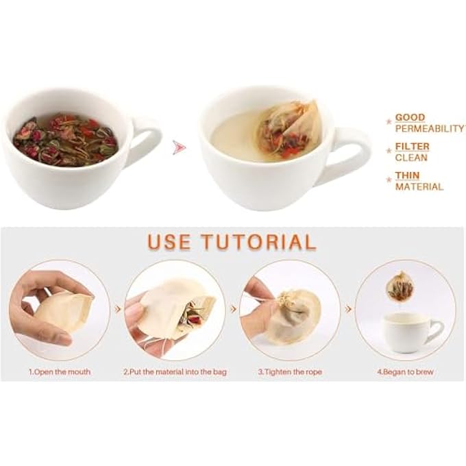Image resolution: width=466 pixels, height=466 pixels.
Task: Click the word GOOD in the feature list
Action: click(x=410, y=117)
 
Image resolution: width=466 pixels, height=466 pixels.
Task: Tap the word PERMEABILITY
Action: click(x=429, y=129)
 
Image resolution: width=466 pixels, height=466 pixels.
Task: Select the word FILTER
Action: click(x=413, y=146)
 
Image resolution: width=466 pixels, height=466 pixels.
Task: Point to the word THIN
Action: click(x=407, y=175)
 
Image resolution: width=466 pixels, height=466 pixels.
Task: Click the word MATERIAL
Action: click(x=419, y=186)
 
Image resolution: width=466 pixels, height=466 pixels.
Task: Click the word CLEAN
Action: click(x=411, y=158)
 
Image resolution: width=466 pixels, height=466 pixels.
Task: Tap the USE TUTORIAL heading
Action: click(x=232, y=241)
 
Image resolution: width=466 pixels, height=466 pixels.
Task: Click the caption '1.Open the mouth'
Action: click(x=60, y=371)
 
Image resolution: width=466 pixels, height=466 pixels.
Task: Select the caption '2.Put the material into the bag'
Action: click(x=175, y=371)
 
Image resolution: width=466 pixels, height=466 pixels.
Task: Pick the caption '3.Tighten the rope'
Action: click(x=290, y=371)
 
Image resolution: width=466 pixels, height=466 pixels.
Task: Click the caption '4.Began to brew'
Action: click(x=405, y=371)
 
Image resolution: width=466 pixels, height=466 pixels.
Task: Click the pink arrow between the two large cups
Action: click(x=180, y=147)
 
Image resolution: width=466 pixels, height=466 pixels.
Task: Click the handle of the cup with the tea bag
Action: click(x=351, y=155)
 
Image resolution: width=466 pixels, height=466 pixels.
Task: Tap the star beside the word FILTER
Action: click(x=389, y=151)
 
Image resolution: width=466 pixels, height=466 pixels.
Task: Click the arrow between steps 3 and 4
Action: click(x=349, y=309)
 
